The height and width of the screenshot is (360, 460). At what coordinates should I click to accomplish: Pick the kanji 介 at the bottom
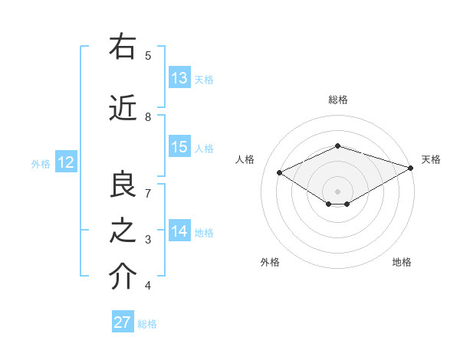pyautogui.click(x=122, y=278)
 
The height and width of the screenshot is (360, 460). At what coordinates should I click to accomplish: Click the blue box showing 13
pyautogui.click(x=179, y=78)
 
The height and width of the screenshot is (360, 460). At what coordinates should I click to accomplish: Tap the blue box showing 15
pyautogui.click(x=179, y=148)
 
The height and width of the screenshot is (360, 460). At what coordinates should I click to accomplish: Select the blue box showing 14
pyautogui.click(x=179, y=232)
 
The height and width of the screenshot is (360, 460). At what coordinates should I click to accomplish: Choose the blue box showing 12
pyautogui.click(x=65, y=162)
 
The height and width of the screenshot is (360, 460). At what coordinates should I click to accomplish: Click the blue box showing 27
pyautogui.click(x=122, y=322)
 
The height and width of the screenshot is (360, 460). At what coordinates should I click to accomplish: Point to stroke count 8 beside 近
pyautogui.click(x=148, y=117)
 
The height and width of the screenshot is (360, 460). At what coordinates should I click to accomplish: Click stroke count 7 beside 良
pyautogui.click(x=148, y=193)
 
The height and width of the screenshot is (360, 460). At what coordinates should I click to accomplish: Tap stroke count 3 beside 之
pyautogui.click(x=148, y=240)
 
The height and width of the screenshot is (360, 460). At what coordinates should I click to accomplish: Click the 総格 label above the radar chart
pyautogui.click(x=338, y=100)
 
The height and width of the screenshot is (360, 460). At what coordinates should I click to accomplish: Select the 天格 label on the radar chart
pyautogui.click(x=431, y=159)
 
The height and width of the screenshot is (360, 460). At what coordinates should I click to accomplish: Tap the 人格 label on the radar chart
pyautogui.click(x=245, y=159)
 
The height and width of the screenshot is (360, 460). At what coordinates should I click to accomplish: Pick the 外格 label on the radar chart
pyautogui.click(x=269, y=262)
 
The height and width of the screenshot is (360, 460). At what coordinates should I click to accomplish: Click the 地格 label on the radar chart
pyautogui.click(x=402, y=262)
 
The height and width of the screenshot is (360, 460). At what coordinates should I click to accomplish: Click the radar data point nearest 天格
pyautogui.click(x=411, y=167)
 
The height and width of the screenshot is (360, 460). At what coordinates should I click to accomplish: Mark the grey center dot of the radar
pyautogui.click(x=337, y=191)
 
